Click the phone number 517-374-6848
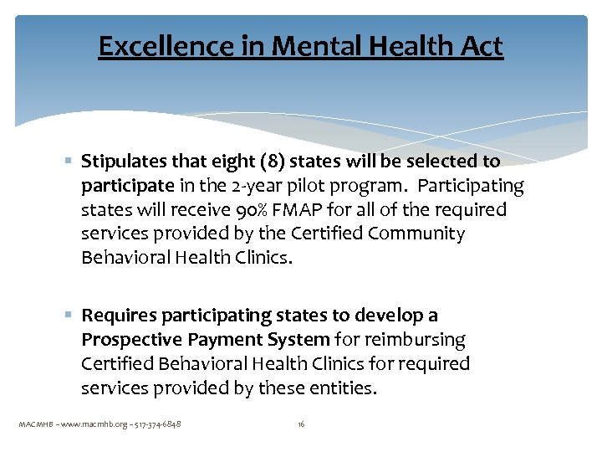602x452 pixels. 156,424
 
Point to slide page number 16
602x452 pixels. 301,424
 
